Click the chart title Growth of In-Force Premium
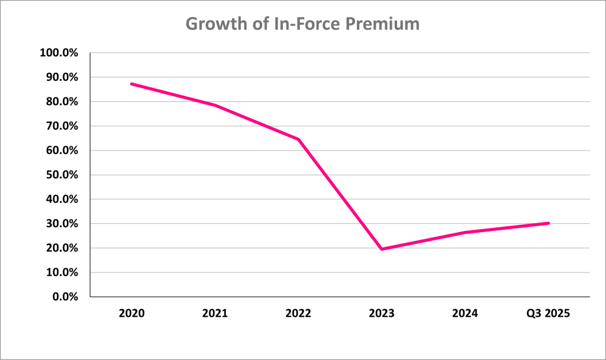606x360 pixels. [302, 24]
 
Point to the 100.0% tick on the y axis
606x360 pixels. [59, 53]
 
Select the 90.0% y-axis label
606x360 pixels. [61, 77]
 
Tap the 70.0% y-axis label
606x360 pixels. [61, 126]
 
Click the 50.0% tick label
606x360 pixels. [61, 175]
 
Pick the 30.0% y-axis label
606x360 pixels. [61, 224]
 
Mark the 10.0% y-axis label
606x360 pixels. [61, 272]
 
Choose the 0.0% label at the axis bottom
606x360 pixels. [63, 297]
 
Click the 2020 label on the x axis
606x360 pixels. [131, 314]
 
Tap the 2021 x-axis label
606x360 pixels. [214, 314]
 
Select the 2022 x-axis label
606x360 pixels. [298, 314]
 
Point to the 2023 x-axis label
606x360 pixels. [382, 314]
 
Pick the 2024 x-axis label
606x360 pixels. [465, 314]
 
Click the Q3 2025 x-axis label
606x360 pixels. [549, 314]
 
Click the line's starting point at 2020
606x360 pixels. [131, 83]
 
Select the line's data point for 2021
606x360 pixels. [214, 105]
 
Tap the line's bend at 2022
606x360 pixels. [298, 139]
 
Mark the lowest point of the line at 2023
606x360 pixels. [382, 249]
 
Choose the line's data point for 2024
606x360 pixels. [465, 232]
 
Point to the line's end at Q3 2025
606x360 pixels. [549, 223]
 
